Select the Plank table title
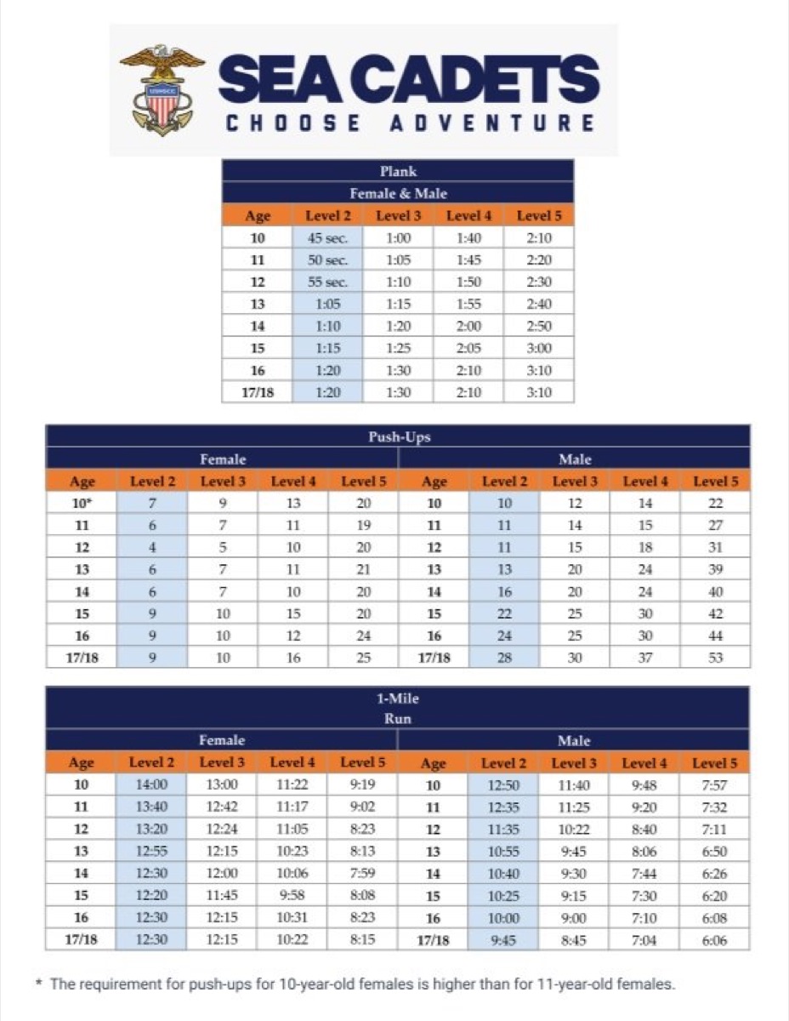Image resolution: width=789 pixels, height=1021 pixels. tap(398, 172)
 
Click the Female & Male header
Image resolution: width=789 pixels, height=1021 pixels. tap(398, 194)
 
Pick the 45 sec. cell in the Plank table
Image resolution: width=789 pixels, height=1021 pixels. tap(327, 238)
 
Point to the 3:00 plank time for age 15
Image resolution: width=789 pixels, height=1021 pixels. tap(539, 348)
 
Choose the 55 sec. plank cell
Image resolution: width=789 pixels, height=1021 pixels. tap(327, 282)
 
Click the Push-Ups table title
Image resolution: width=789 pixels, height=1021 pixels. tap(398, 437)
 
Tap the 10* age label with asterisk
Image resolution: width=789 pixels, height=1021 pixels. tap(82, 504)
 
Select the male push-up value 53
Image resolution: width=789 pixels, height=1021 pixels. tap(715, 658)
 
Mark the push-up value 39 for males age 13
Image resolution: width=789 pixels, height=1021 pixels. tap(715, 569)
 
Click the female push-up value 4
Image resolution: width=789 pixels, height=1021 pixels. tap(152, 547)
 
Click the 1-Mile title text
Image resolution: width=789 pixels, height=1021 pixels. tap(398, 699)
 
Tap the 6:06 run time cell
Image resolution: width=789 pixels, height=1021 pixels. tap(714, 939)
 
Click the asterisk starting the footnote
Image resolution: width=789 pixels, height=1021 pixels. tap(40, 983)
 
